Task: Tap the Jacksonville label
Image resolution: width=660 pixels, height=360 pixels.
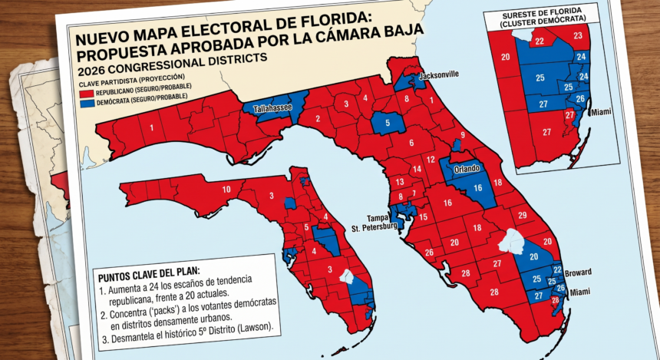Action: pyautogui.click(x=437, y=74)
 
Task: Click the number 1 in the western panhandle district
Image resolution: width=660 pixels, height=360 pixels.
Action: pyautogui.click(x=151, y=128)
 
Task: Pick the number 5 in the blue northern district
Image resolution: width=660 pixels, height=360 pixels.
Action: pyautogui.click(x=388, y=123)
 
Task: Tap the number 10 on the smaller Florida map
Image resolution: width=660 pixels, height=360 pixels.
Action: pyautogui.click(x=226, y=189)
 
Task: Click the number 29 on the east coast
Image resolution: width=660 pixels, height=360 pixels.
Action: pyautogui.click(x=522, y=216)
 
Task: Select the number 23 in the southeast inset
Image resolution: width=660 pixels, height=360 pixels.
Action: pyautogui.click(x=577, y=35)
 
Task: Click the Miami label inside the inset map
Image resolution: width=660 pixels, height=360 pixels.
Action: pyautogui.click(x=601, y=112)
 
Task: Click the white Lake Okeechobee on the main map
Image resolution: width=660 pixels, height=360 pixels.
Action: pyautogui.click(x=512, y=243)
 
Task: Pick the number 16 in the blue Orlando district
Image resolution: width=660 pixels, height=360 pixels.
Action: pyautogui.click(x=477, y=187)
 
